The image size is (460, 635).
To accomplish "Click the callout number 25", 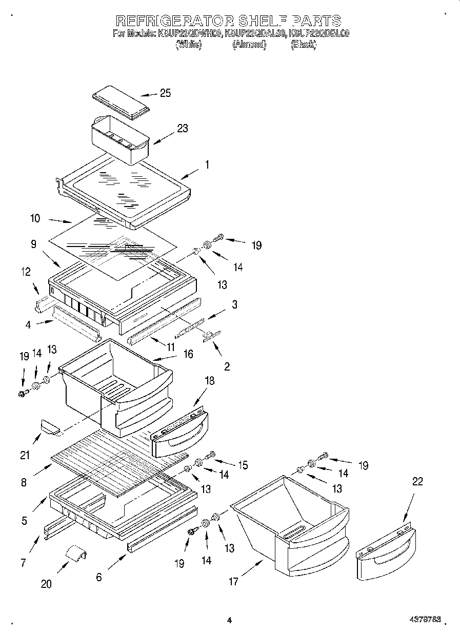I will point(165,93).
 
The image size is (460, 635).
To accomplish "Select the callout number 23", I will point(182,129).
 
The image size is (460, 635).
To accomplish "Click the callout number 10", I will point(35,218).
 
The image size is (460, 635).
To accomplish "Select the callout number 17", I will point(233,581).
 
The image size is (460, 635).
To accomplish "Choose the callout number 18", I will point(209,381).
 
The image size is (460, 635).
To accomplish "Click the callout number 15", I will point(243,465).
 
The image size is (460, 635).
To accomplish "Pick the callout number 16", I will point(188,354).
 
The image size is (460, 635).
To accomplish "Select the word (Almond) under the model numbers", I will point(249,45).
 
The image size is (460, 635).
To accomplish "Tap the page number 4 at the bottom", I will point(229,620).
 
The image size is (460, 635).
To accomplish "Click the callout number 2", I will point(227,366).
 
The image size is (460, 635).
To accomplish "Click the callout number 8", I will point(25,482).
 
